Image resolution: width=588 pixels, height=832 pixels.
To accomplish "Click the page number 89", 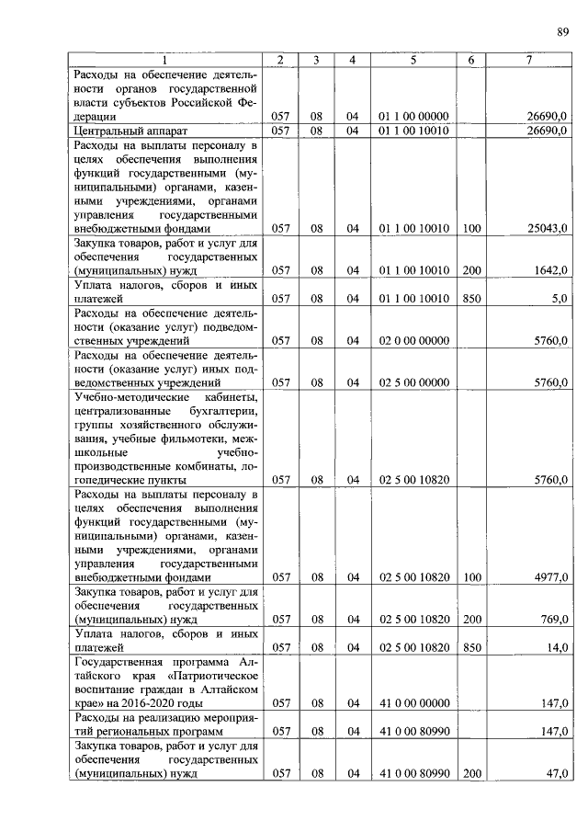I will pos(562,33).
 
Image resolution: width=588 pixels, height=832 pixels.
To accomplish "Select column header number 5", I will pos(413,61).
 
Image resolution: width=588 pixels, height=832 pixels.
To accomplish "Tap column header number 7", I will pos(529,61).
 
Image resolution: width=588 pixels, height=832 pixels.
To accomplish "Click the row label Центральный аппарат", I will pos(124,131).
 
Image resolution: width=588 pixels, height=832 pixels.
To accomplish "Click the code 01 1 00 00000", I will pos(413,117).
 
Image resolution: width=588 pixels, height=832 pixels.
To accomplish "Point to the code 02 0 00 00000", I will pos(413,340).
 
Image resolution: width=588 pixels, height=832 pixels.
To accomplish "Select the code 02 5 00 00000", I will pos(413,382).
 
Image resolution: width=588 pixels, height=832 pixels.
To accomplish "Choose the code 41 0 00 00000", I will pos(413,703).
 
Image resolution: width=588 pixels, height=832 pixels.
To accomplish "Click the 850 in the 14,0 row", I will pos(472,647).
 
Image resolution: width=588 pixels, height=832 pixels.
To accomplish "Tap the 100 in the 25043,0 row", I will pos(472,228).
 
